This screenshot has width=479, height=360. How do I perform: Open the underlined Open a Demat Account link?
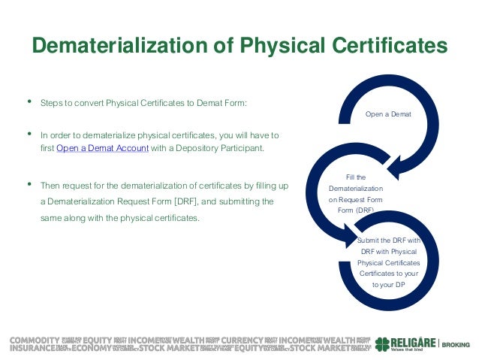pos(102,149)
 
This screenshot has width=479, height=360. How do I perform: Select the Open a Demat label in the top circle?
pos(388,114)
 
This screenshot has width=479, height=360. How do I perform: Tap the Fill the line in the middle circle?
pos(356,177)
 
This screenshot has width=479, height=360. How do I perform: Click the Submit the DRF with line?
pos(388,240)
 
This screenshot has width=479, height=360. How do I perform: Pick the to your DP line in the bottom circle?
pos(388,285)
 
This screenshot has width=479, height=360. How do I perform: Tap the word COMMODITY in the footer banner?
pos(35,339)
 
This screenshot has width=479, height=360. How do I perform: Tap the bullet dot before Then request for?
pos(29,183)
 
